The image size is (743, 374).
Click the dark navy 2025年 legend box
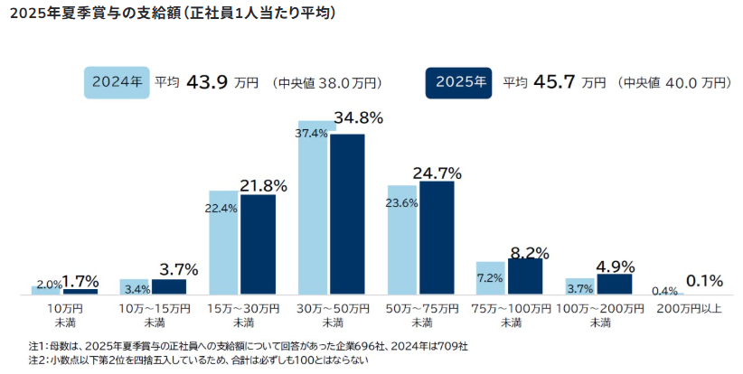460,81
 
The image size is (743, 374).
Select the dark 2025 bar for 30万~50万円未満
347,214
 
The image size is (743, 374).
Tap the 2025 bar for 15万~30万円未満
258,245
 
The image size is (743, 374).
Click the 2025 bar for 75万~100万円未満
525,276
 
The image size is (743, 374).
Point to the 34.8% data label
359,118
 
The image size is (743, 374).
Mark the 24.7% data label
437,173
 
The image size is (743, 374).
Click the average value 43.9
205,82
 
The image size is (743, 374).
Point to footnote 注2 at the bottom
199,360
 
